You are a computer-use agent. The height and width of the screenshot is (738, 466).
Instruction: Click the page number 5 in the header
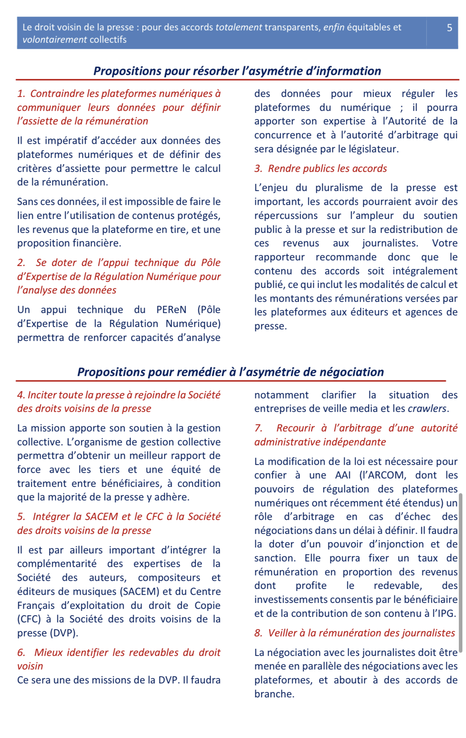pyautogui.click(x=449, y=28)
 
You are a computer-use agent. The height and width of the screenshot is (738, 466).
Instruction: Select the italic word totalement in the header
pyautogui.click(x=239, y=28)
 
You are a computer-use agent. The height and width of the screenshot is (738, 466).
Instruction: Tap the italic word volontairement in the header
pyautogui.click(x=55, y=40)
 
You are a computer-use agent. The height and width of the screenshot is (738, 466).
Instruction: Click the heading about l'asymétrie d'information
pyautogui.click(x=237, y=71)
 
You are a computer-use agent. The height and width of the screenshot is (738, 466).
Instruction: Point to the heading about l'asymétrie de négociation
pyautogui.click(x=230, y=372)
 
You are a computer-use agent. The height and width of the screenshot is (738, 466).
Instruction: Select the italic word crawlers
pyautogui.click(x=427, y=409)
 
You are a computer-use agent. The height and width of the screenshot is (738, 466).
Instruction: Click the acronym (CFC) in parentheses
pyautogui.click(x=29, y=619)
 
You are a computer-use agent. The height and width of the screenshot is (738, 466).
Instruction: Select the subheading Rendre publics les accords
pyautogui.click(x=327, y=169)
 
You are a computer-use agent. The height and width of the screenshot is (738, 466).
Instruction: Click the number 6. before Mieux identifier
pyautogui.click(x=21, y=653)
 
